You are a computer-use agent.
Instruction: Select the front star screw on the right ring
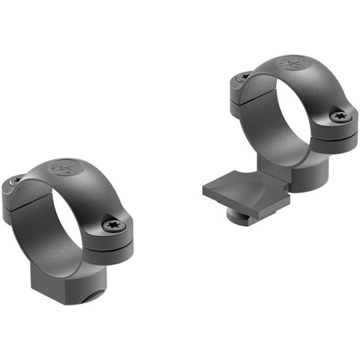(340, 116)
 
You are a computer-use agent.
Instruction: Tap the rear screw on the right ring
(243, 77)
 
